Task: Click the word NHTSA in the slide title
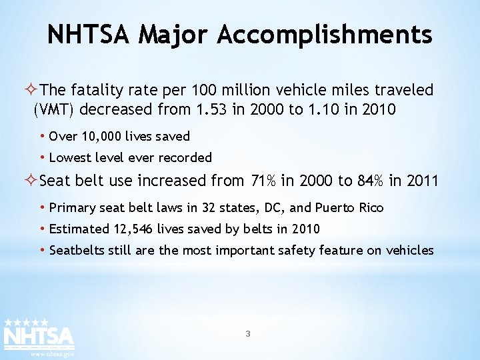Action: pos(90,34)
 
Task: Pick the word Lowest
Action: pos(70,158)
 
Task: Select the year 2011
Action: pos(423,181)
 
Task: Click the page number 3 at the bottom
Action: pos(248,333)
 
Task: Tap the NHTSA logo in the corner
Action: pos(39,333)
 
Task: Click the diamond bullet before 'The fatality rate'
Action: pos(31,90)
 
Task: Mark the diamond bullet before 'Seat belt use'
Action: pos(31,181)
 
